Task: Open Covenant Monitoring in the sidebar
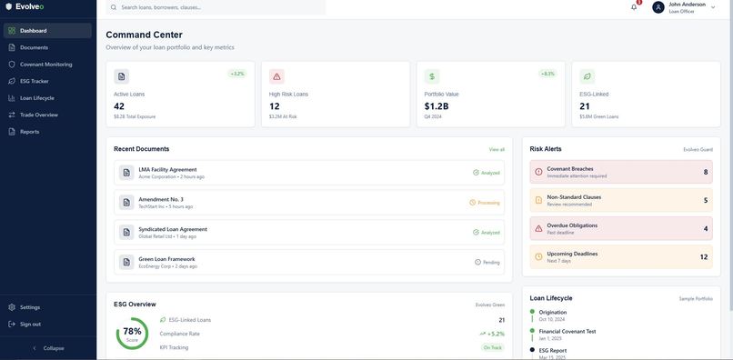coord(45,65)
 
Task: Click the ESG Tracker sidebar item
coord(35,81)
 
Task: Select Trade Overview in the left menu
coord(39,115)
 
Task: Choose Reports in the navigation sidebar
coord(29,132)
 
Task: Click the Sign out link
coord(30,324)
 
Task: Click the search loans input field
coord(218,7)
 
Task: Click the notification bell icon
coord(634,7)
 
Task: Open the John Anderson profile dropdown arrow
coord(713,6)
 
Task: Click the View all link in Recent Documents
coord(497,149)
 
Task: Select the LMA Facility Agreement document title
coord(167,169)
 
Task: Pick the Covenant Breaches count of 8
coord(705,172)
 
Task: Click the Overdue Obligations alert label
coord(572,225)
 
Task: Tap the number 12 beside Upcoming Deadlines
coord(703,257)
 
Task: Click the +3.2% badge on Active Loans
coord(237,74)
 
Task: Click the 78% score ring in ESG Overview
coord(132,333)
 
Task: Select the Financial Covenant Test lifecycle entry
coord(567,331)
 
